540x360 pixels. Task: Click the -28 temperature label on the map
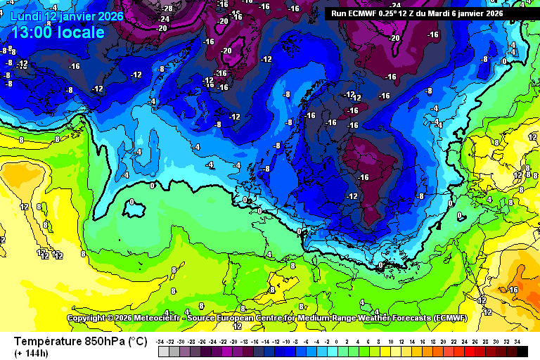tap(167, 8)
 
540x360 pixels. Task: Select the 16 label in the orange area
tap(513, 290)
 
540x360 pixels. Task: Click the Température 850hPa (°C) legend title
tap(80, 342)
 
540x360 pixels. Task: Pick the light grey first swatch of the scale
tap(163, 351)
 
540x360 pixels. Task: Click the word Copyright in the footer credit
tap(87, 319)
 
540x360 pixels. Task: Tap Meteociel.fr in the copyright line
tap(157, 319)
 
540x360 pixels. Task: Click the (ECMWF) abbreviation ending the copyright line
tap(455, 319)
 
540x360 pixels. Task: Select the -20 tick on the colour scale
tap(233, 342)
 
